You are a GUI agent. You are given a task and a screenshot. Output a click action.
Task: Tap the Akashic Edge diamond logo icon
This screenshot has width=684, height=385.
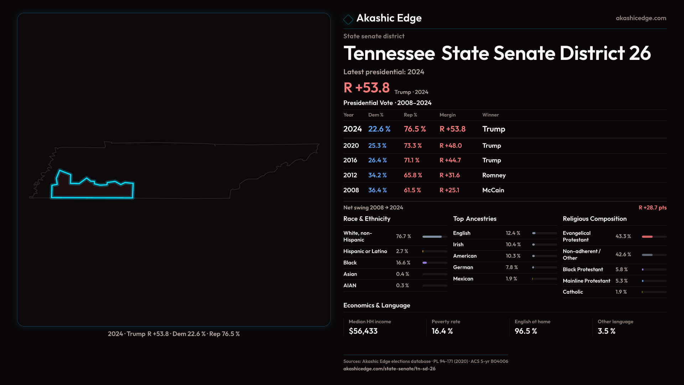(x=348, y=19)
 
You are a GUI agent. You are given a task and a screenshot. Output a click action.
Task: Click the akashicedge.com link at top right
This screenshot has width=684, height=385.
(x=641, y=18)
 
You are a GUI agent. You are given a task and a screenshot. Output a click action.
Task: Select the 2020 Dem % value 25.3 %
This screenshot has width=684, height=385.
(x=377, y=146)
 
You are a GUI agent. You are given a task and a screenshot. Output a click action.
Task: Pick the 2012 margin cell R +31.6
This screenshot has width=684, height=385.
(x=450, y=175)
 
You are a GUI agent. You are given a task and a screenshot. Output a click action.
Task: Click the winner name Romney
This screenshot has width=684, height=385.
(x=494, y=175)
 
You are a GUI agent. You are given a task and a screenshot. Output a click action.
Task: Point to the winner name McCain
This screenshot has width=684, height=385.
(x=493, y=190)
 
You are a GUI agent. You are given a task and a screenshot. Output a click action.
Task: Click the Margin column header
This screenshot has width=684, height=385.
(x=447, y=115)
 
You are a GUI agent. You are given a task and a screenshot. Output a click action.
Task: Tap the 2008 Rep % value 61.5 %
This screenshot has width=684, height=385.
(x=412, y=190)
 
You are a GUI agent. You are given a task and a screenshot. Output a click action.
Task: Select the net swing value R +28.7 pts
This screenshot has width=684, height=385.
(x=652, y=207)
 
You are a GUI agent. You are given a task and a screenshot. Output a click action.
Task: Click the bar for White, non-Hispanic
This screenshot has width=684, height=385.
(x=432, y=237)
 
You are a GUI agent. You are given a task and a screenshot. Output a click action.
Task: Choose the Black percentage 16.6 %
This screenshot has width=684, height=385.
(x=403, y=263)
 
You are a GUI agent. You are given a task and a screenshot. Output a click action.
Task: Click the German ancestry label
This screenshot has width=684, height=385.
(x=463, y=267)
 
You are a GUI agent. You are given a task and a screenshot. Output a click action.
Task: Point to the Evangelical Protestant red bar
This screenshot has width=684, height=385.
(x=647, y=237)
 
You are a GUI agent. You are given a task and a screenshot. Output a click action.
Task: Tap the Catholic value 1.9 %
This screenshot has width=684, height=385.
(x=621, y=292)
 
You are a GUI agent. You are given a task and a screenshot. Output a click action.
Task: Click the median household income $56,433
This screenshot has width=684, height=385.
(x=363, y=331)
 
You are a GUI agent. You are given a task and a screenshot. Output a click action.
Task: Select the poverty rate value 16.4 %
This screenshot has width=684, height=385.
(x=442, y=331)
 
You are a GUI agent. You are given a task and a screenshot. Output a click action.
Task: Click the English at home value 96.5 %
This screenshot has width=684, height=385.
(x=526, y=331)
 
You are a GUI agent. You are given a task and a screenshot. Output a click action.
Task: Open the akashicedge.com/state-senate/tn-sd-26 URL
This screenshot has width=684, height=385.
(x=389, y=369)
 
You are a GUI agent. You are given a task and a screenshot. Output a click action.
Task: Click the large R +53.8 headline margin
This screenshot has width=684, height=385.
(x=367, y=88)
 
